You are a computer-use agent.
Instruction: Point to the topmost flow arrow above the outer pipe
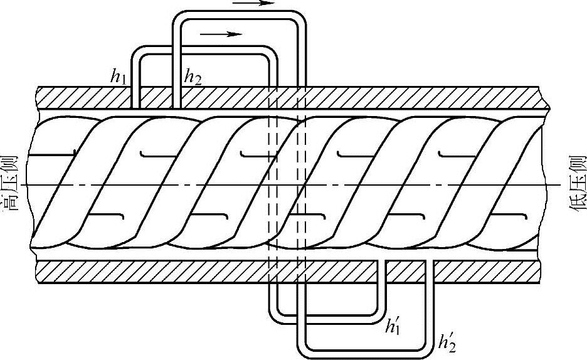tap(254, 3)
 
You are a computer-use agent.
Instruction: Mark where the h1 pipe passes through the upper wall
tap(135, 97)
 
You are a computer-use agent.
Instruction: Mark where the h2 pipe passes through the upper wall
tap(177, 97)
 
